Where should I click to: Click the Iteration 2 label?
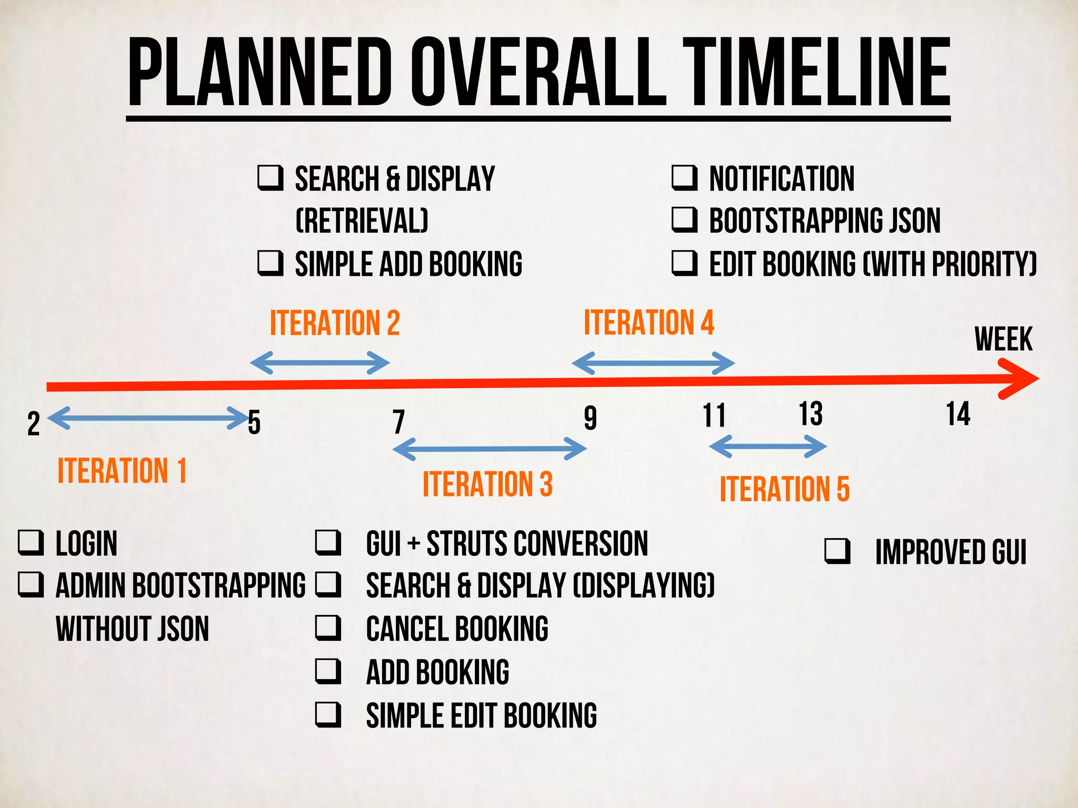335,323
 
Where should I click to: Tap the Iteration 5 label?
784,489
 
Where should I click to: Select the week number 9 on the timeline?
590,418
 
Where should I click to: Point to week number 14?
957,415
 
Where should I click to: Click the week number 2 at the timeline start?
33,424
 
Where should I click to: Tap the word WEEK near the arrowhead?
1003,339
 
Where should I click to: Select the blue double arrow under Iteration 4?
653,363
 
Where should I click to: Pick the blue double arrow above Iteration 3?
490,449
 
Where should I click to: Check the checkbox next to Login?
31,543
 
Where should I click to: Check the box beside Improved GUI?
837,551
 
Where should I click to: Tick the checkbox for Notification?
684,178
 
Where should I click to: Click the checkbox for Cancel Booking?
328,628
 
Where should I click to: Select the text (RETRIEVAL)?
362,220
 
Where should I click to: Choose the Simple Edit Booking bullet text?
481,716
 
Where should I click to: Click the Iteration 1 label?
122,470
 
